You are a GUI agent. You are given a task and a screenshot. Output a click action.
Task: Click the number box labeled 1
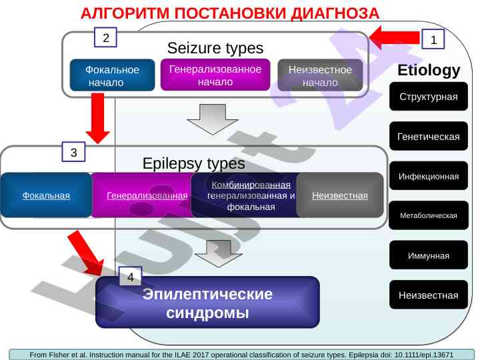(433, 40)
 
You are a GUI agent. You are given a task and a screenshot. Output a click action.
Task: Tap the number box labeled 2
(105, 37)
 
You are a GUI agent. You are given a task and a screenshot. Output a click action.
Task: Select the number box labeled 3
(73, 153)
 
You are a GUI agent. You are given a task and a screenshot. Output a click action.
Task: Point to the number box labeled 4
(131, 276)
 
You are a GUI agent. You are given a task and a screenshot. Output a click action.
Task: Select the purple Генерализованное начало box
(215, 75)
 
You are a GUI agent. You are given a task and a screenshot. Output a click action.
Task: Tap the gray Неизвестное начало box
(320, 76)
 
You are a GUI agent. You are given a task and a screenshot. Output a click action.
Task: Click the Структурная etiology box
(429, 97)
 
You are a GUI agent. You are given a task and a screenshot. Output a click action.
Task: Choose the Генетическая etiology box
(429, 137)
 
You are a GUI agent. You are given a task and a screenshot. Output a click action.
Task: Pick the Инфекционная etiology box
(429, 177)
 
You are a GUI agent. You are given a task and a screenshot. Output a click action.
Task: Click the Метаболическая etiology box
(429, 216)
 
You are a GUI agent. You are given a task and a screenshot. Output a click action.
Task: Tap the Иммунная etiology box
(429, 255)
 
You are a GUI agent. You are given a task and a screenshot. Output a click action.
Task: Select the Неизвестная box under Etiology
(429, 295)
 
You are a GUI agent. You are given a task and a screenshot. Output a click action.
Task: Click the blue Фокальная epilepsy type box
(47, 195)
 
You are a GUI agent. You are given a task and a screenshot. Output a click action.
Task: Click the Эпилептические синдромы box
(208, 303)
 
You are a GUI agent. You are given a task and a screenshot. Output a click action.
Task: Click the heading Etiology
(429, 70)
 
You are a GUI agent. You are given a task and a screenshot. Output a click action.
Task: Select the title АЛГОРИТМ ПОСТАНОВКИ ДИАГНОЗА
(230, 13)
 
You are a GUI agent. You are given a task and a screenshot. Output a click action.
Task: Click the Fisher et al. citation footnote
(241, 355)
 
